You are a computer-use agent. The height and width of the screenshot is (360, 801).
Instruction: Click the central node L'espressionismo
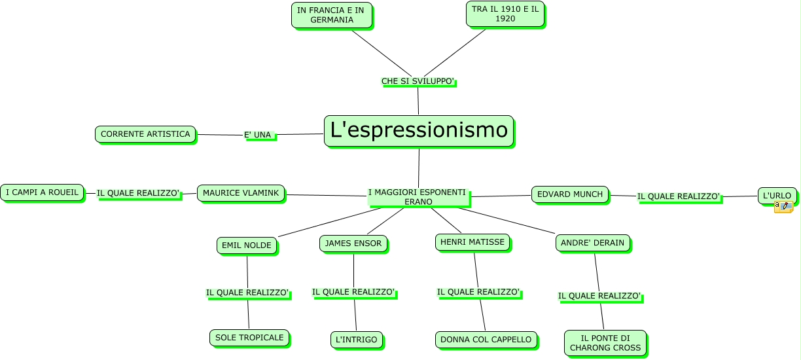click(x=419, y=131)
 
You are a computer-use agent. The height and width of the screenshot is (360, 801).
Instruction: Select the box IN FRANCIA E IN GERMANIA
click(x=332, y=15)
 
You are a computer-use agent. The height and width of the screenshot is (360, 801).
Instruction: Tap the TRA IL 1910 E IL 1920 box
click(x=505, y=14)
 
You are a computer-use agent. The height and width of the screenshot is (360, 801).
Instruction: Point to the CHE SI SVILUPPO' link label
click(x=418, y=81)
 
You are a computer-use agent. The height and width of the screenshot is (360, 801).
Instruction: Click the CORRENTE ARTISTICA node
click(x=145, y=134)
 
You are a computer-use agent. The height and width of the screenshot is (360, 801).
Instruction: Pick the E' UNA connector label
click(x=258, y=135)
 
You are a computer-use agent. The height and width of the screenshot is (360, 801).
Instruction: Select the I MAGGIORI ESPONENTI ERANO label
click(x=418, y=196)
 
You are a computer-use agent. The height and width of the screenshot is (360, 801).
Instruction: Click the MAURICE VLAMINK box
click(x=241, y=193)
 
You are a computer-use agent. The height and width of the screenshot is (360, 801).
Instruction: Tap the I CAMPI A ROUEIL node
click(x=42, y=192)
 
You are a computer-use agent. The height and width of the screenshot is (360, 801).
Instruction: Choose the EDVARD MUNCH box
click(x=570, y=194)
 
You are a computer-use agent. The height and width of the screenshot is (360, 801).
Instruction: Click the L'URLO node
click(x=777, y=195)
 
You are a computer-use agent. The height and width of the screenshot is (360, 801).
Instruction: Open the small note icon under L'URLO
click(x=783, y=207)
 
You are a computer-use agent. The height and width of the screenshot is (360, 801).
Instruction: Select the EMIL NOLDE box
click(x=247, y=245)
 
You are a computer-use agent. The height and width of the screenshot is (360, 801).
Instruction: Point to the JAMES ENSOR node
click(x=354, y=243)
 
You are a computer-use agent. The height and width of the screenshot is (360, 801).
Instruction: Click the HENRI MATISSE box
click(x=472, y=242)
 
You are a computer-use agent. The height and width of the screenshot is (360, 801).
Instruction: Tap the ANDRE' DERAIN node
click(x=594, y=243)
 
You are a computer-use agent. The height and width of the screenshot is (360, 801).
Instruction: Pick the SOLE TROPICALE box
click(x=249, y=338)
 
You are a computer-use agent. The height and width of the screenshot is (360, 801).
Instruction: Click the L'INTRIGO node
click(x=357, y=340)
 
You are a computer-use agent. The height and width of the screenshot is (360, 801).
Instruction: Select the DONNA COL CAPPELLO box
click(x=486, y=340)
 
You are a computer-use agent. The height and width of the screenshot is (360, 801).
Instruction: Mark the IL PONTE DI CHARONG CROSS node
click(x=605, y=343)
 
